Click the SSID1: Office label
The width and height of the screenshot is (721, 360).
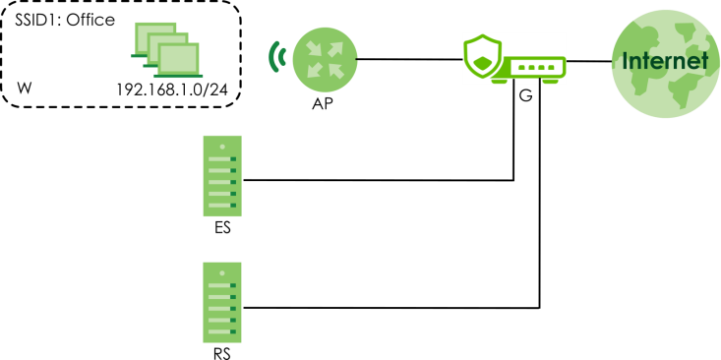tap(65, 21)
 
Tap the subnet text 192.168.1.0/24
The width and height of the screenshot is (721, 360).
tap(172, 90)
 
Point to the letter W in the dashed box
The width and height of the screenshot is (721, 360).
tap(25, 89)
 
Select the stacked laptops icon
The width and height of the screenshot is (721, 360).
tap(166, 49)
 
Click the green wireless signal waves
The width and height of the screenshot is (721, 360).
tap(276, 56)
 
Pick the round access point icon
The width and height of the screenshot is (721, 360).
tap(325, 58)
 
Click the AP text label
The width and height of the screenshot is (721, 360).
tap(323, 104)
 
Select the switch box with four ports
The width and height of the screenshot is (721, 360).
tap(529, 70)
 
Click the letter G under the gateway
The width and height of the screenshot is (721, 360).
tap(525, 95)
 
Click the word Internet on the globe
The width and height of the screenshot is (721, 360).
tap(665, 61)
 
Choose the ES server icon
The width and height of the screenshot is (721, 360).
tap(222, 176)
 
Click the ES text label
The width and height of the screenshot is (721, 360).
tap(222, 228)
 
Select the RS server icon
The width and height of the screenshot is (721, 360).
tap(222, 303)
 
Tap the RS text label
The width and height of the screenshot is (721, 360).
tap(222, 354)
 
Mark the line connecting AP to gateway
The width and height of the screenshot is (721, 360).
tap(409, 59)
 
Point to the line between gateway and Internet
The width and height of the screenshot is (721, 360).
tap(589, 61)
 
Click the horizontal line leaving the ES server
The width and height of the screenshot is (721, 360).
tap(378, 180)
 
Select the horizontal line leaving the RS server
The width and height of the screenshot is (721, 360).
tap(391, 308)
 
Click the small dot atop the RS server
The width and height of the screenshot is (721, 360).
tap(222, 273)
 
